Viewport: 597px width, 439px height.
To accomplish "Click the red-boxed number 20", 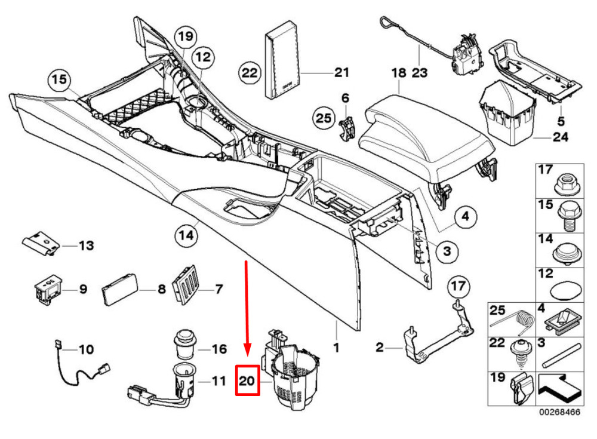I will click(x=248, y=380).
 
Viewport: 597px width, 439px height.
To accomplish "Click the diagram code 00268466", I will click(x=560, y=412).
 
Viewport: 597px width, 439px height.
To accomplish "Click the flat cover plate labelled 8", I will click(x=121, y=290).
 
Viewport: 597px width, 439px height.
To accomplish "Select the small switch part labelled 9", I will click(x=48, y=289).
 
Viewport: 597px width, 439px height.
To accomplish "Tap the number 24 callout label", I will click(x=560, y=136).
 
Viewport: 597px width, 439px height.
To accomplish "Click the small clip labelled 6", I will click(x=346, y=125).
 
